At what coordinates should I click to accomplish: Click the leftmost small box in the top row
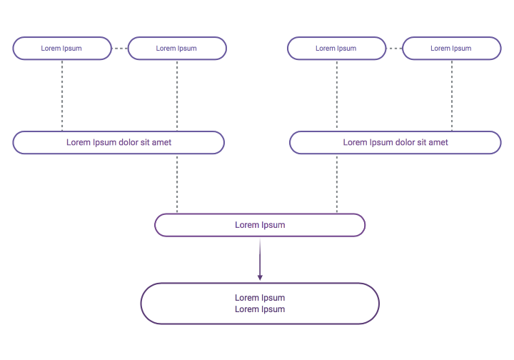61,49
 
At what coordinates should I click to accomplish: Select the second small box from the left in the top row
176,49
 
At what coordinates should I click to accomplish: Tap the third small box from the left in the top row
336,49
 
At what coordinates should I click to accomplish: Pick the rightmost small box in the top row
451,49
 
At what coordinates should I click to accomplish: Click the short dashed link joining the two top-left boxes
119,49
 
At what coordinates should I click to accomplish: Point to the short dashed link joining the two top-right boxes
394,49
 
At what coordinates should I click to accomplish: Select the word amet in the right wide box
438,142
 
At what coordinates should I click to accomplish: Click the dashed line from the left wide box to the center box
177,184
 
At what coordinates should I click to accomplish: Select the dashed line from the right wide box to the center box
337,184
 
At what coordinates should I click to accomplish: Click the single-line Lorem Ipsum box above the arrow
260,225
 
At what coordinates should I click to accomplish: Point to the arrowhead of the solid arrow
260,276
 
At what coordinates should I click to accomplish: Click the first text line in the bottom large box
260,298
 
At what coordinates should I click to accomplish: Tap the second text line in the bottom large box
260,309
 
